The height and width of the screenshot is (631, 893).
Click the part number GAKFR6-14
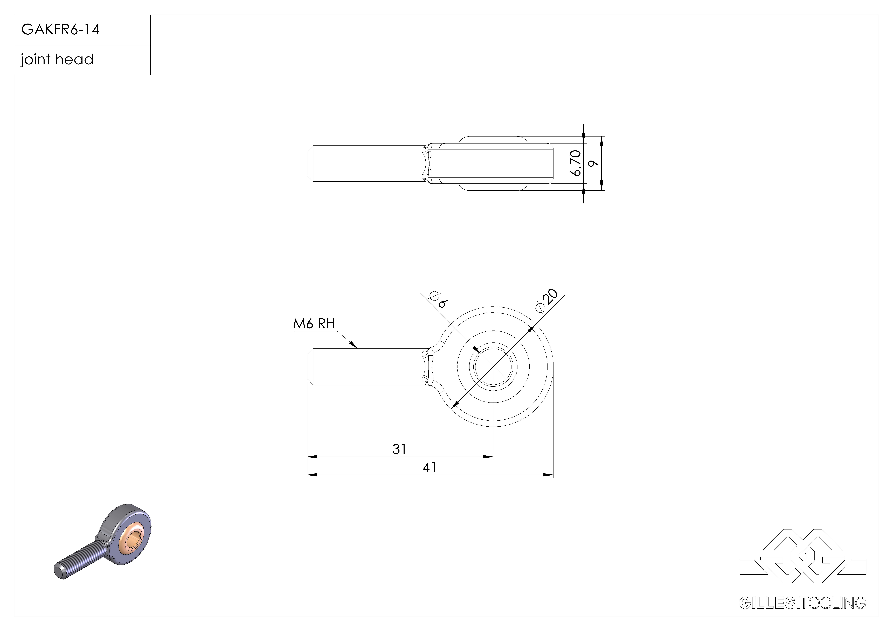[60, 30]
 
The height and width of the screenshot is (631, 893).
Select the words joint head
[57, 60]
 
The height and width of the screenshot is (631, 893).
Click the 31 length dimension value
[399, 449]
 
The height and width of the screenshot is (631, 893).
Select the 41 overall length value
[429, 467]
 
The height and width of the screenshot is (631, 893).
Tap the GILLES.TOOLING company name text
[802, 603]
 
